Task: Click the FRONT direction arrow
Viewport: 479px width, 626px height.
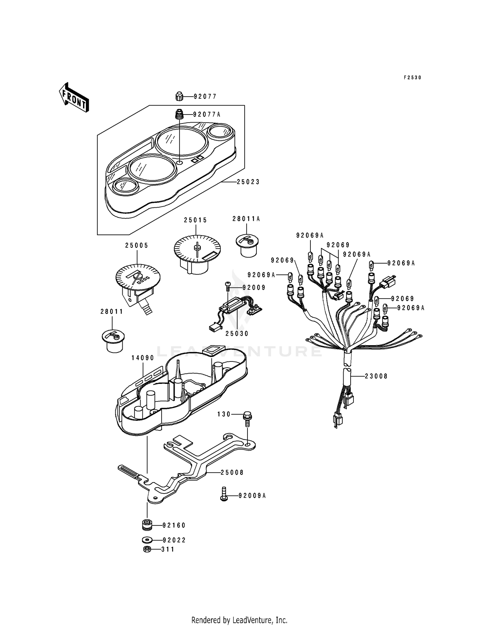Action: pos(74,97)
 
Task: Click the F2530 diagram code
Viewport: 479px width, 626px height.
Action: pos(413,78)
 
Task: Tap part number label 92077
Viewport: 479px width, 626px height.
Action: pos(205,96)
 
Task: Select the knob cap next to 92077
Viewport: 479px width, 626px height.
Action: pos(179,96)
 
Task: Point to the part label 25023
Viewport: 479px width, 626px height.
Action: pos(248,182)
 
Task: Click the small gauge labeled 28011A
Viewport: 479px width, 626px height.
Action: pos(247,245)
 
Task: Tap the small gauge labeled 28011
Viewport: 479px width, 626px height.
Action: pos(113,341)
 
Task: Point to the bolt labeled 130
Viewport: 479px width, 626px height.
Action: pos(247,419)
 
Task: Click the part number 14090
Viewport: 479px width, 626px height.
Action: pos(143,358)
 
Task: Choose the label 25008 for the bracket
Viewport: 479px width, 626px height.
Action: pos(232,472)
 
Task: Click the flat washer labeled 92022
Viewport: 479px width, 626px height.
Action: pos(147,540)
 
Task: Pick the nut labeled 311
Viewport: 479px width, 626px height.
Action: pos(147,549)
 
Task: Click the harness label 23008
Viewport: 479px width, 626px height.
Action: pos(376,376)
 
